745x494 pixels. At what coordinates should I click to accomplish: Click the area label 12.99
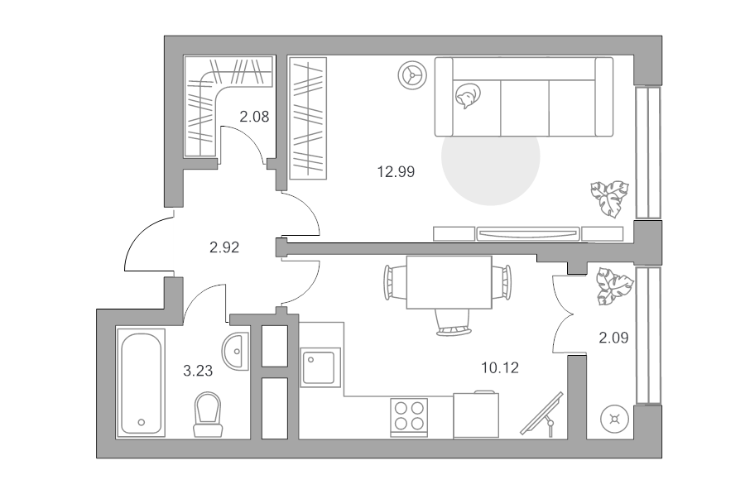coord(396,171)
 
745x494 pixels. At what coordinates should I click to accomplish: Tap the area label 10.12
coord(500,367)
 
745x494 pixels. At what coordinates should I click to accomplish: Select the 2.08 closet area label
coord(254,117)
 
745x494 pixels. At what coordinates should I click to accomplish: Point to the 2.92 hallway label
coord(224,247)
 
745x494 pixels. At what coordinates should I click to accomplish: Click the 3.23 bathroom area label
coord(198,371)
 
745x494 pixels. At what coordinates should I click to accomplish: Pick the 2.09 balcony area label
coord(613,338)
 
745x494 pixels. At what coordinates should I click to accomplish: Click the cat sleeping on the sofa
coord(467,97)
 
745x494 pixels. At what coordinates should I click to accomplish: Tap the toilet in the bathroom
coord(208,415)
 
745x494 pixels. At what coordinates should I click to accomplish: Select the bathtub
coord(141,383)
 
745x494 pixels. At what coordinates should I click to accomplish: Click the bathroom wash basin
coord(235,352)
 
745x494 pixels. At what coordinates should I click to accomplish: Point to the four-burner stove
coord(409,417)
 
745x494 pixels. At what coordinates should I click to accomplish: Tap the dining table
coord(449,282)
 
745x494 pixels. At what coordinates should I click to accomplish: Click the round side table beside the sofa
coord(412,75)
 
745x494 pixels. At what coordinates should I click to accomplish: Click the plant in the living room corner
coord(610,199)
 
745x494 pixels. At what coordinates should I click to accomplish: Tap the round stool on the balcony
coord(615,420)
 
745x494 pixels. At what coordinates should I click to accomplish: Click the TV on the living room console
coord(528,233)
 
